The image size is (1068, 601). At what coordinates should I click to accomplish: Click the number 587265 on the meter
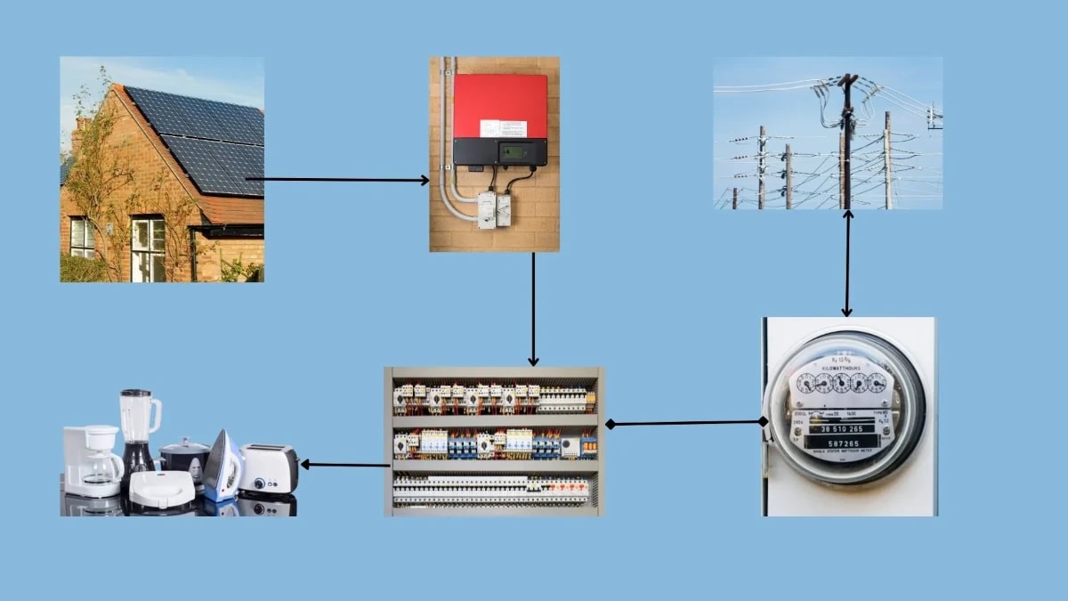[x=844, y=443]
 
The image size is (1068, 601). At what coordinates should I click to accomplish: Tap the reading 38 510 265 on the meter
[x=844, y=428]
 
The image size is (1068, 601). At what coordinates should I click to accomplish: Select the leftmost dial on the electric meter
[x=806, y=384]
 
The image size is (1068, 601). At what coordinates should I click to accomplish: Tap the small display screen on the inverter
[x=511, y=152]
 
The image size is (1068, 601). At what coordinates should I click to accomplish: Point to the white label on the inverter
[x=503, y=128]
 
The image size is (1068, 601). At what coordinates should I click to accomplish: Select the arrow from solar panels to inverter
[x=338, y=180]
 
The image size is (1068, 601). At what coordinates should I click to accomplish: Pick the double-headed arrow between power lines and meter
[x=847, y=264]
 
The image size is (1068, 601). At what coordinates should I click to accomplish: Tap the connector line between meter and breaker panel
[x=685, y=423]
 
